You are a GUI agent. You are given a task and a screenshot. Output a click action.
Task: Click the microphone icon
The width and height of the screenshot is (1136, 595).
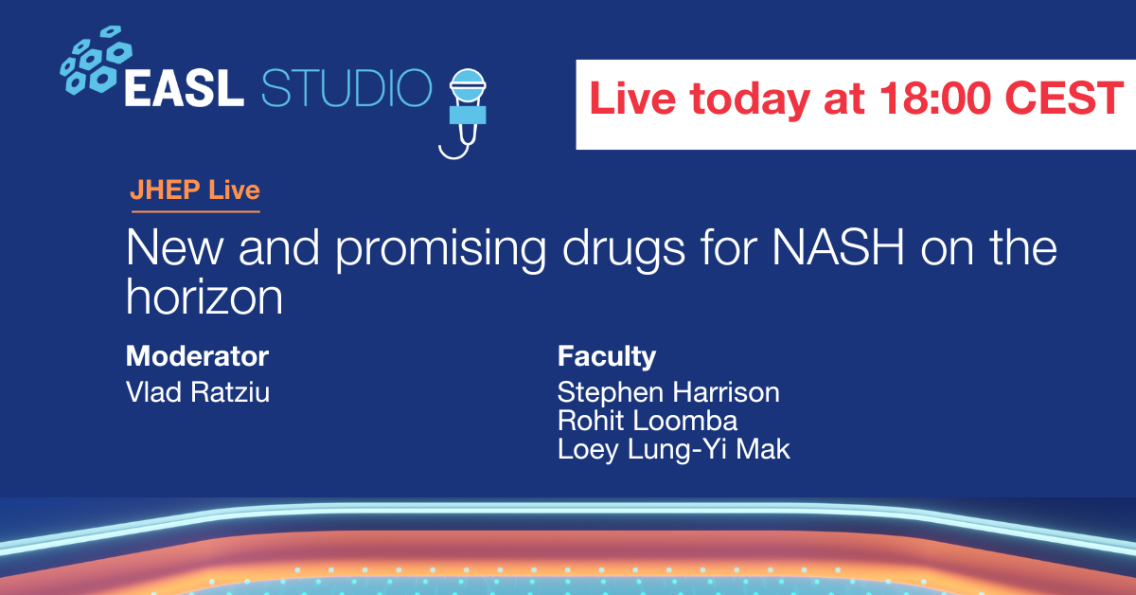click(467, 113)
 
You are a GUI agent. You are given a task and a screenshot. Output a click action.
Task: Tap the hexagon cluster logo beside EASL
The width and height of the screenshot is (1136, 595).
click(96, 60)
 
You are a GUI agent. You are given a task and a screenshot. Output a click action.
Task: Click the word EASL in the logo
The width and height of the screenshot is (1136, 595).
click(184, 88)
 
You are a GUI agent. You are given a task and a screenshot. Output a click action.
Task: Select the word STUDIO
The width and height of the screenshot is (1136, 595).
click(346, 88)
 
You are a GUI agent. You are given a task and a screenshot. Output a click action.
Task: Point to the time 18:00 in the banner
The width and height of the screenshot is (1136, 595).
click(934, 98)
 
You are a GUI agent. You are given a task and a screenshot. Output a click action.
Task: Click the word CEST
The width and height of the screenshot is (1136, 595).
click(1063, 98)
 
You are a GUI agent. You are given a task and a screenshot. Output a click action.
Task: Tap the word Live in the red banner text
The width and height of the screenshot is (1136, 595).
click(632, 98)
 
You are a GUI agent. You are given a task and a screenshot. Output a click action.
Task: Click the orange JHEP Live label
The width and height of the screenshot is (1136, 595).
click(195, 190)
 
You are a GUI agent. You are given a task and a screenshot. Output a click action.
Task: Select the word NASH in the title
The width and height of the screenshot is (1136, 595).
click(838, 247)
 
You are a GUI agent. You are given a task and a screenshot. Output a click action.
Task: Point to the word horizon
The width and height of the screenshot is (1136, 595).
click(204, 297)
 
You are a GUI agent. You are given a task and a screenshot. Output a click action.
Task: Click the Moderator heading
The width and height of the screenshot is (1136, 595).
click(197, 356)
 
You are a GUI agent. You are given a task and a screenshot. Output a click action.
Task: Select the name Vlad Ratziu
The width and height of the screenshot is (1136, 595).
click(198, 392)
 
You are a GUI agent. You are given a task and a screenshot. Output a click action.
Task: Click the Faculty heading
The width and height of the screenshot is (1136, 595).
click(607, 357)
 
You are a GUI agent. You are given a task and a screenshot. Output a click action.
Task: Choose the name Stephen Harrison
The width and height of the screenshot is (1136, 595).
click(668, 393)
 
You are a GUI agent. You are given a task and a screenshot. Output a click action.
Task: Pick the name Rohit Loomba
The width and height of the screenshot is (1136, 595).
click(648, 421)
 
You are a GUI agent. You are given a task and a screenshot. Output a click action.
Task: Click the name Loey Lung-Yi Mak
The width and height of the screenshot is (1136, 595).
click(673, 450)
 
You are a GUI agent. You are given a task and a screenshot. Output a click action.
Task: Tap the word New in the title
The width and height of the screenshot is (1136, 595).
click(174, 247)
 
